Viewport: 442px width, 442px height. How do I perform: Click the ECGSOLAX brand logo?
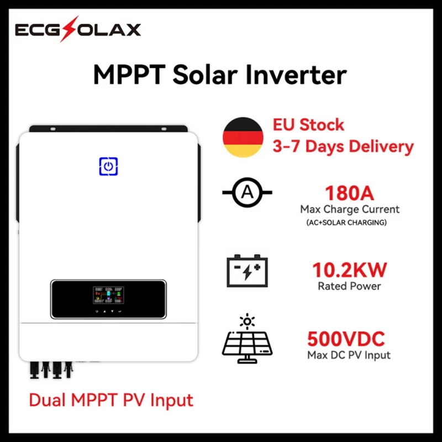pyautogui.click(x=77, y=30)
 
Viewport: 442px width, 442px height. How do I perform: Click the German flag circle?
pyautogui.click(x=243, y=138)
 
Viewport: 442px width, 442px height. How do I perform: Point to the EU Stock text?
pyautogui.click(x=308, y=124)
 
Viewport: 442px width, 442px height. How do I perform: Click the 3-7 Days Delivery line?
pyautogui.click(x=343, y=146)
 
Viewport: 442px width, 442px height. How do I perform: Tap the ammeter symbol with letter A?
pyautogui.click(x=246, y=193)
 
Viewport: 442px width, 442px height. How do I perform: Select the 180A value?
pyautogui.click(x=349, y=194)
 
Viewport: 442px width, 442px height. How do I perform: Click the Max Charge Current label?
pyautogui.click(x=349, y=210)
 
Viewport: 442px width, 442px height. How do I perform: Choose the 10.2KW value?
pyautogui.click(x=349, y=270)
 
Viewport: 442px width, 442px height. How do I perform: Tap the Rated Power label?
pyautogui.click(x=349, y=286)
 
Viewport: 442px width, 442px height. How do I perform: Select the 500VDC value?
pyautogui.click(x=346, y=338)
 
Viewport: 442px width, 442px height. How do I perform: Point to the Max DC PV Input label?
pyautogui.click(x=349, y=355)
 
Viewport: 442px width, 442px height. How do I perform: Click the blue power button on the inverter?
pyautogui.click(x=108, y=166)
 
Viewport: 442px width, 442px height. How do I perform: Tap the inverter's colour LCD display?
pyautogui.click(x=109, y=296)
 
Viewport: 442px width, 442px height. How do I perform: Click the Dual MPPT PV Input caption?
pyautogui.click(x=110, y=399)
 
